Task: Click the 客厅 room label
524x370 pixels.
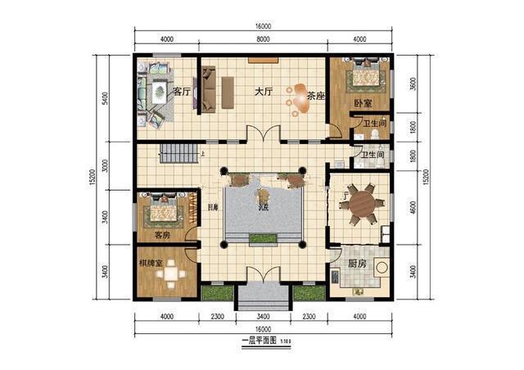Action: (x=182, y=92)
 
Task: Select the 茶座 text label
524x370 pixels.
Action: (x=315, y=96)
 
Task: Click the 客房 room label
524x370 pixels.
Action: (x=162, y=236)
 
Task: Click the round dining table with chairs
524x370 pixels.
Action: (x=362, y=205)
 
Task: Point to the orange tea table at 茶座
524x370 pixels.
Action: (x=298, y=96)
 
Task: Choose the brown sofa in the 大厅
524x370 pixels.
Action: (x=209, y=88)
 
